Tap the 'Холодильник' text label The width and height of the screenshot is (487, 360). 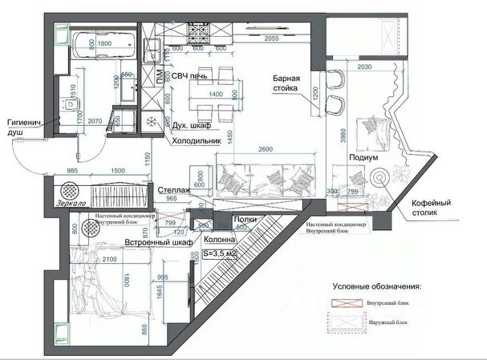197,140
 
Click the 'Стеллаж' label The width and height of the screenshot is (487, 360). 174,190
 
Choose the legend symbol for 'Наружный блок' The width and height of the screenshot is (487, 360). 350,322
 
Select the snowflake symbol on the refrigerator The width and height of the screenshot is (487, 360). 149,119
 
